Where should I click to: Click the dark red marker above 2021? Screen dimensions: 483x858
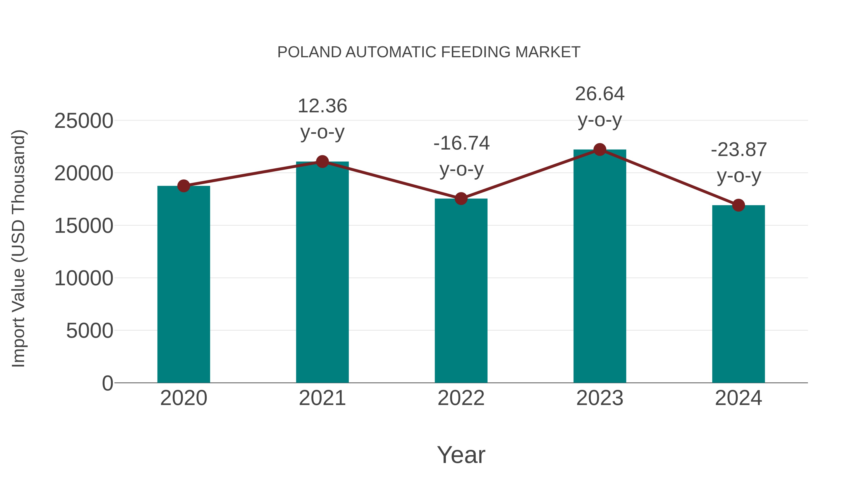(x=322, y=162)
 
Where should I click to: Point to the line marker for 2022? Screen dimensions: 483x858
(x=461, y=199)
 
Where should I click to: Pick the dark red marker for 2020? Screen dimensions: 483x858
(x=184, y=186)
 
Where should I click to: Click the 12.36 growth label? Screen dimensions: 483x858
(x=322, y=106)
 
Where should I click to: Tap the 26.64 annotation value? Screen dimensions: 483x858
(x=600, y=94)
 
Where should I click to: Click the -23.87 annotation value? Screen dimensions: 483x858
(x=738, y=150)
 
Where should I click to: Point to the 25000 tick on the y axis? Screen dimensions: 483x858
(x=84, y=121)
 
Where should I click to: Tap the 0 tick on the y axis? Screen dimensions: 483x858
(x=107, y=383)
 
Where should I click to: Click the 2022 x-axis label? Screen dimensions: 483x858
(x=461, y=398)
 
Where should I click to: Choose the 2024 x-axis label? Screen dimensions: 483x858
(x=738, y=398)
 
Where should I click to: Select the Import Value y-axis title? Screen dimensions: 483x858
(x=19, y=248)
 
